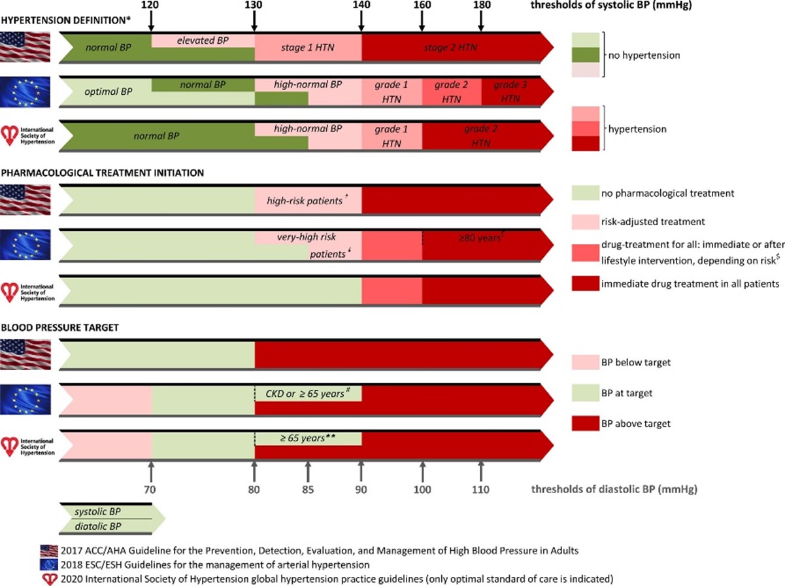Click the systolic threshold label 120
click(x=151, y=5)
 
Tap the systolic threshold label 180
click(x=482, y=5)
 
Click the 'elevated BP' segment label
click(x=203, y=40)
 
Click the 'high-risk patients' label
click(x=306, y=200)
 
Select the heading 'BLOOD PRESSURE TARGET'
click(x=60, y=328)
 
